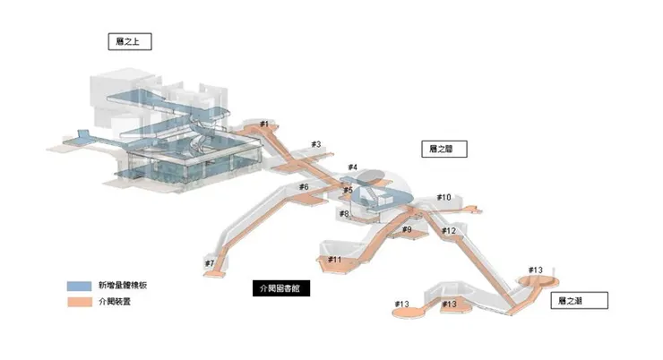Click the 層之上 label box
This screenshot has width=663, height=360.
[127, 41]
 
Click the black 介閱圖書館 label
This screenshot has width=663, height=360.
[278, 289]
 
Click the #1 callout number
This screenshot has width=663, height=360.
[264, 124]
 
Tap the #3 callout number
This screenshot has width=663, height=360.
[315, 144]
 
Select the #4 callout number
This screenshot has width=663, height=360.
[352, 167]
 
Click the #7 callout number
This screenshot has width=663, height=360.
[209, 263]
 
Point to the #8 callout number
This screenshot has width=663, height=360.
[344, 213]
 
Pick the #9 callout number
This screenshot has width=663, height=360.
[407, 230]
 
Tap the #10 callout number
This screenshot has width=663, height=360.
[443, 197]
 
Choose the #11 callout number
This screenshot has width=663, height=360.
[334, 260]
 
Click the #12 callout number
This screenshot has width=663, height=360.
[449, 231]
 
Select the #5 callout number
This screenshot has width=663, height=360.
[348, 190]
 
